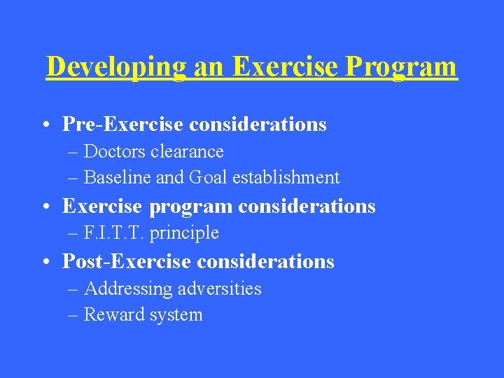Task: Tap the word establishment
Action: pos(287,178)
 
